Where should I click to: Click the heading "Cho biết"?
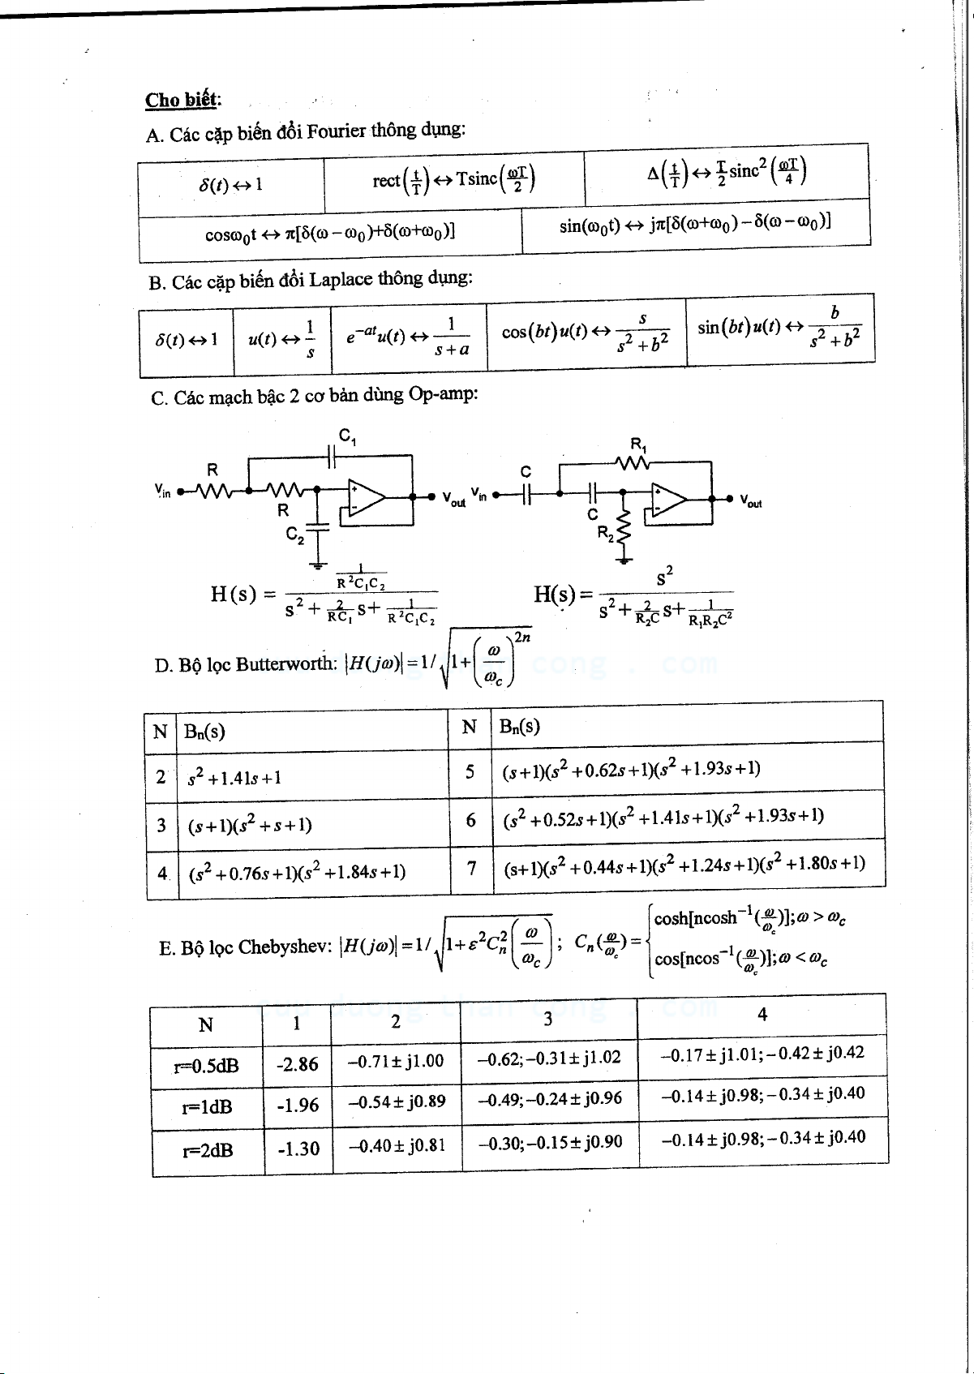point(182,100)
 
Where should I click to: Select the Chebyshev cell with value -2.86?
point(298,1063)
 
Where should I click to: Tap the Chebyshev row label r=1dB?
point(208,1106)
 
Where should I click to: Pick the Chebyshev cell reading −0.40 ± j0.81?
point(397,1145)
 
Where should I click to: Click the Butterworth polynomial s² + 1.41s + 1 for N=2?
point(234,778)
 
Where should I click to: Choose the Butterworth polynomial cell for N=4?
point(297,873)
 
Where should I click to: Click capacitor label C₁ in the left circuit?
point(347,436)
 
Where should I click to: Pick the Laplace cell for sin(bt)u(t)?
point(779,328)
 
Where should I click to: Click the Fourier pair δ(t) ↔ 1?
point(231,185)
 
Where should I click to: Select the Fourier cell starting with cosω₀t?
point(330,234)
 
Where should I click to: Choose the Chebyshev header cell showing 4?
point(762,1014)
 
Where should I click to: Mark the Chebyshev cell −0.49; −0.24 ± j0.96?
point(549,1099)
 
